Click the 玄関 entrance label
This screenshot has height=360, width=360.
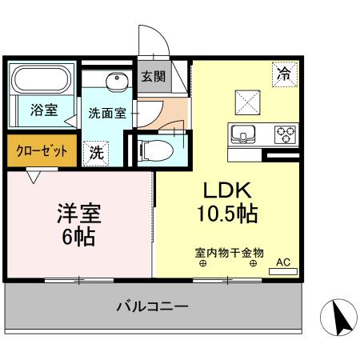click(153, 77)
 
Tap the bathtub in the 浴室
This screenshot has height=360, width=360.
click(42, 81)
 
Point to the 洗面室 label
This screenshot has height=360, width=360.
click(106, 113)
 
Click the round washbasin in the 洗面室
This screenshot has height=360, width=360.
click(118, 80)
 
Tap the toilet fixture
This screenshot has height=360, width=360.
click(156, 148)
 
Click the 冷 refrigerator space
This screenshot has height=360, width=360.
click(283, 74)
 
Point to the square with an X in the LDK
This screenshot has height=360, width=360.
click(246, 102)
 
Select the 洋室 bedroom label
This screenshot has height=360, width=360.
click(78, 214)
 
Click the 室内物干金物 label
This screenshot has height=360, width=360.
click(229, 251)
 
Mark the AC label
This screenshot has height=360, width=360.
click(282, 262)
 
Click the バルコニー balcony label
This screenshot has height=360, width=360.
click(152, 306)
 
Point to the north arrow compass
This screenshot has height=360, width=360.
click(337, 318)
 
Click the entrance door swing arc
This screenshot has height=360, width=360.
click(152, 40)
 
